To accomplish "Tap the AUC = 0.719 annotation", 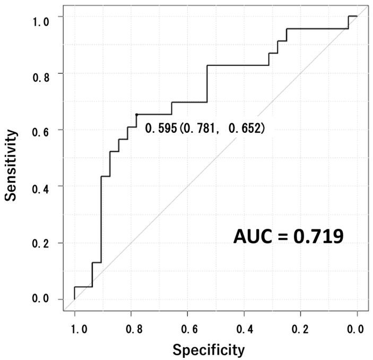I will [289, 236].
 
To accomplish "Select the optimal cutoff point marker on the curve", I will [137, 115].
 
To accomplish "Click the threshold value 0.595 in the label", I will [160, 128].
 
